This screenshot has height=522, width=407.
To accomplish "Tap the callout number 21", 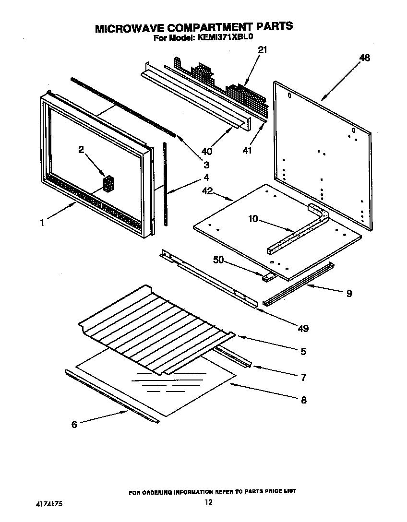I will (262, 50).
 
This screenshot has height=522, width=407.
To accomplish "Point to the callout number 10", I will (253, 219).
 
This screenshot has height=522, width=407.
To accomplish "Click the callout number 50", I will (218, 260).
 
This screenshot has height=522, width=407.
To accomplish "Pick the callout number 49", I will (302, 329).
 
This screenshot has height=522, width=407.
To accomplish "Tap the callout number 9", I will (349, 293).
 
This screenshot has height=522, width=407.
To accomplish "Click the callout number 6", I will (74, 425).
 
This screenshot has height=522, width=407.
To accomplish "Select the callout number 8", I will (303, 400).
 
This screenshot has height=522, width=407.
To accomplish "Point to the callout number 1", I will (42, 222).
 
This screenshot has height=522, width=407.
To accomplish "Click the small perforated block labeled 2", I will (108, 184).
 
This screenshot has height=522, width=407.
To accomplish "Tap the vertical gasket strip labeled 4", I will (166, 182).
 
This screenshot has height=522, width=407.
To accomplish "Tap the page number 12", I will (208, 502).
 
